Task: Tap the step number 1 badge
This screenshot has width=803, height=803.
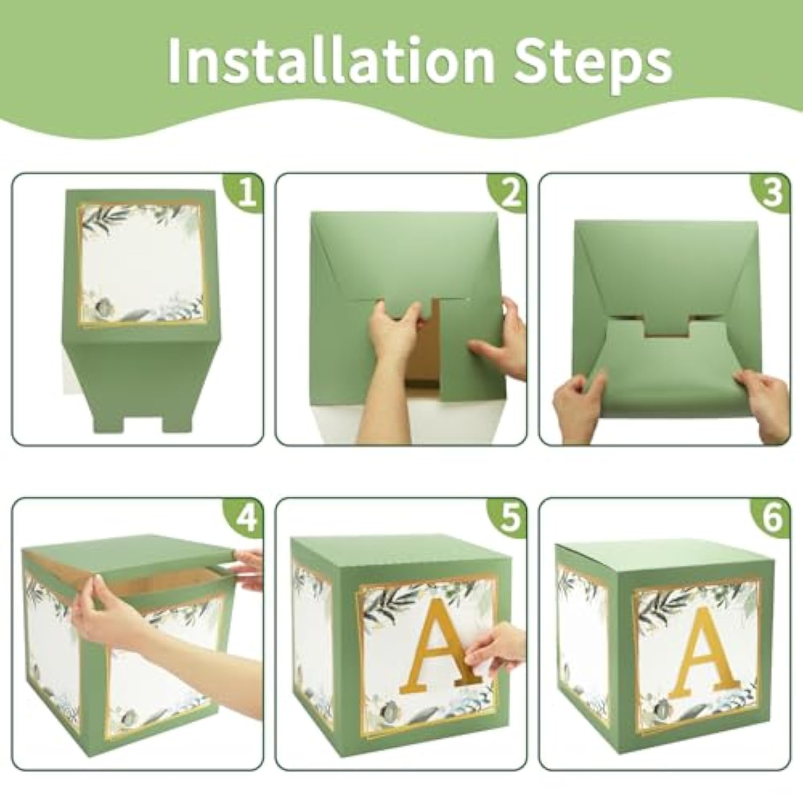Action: pyautogui.click(x=246, y=193)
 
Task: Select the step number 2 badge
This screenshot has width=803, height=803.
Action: pyautogui.click(x=509, y=193)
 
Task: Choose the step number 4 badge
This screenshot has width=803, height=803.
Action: pyautogui.click(x=246, y=518)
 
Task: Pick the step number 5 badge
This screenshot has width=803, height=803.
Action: pyautogui.click(x=509, y=518)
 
